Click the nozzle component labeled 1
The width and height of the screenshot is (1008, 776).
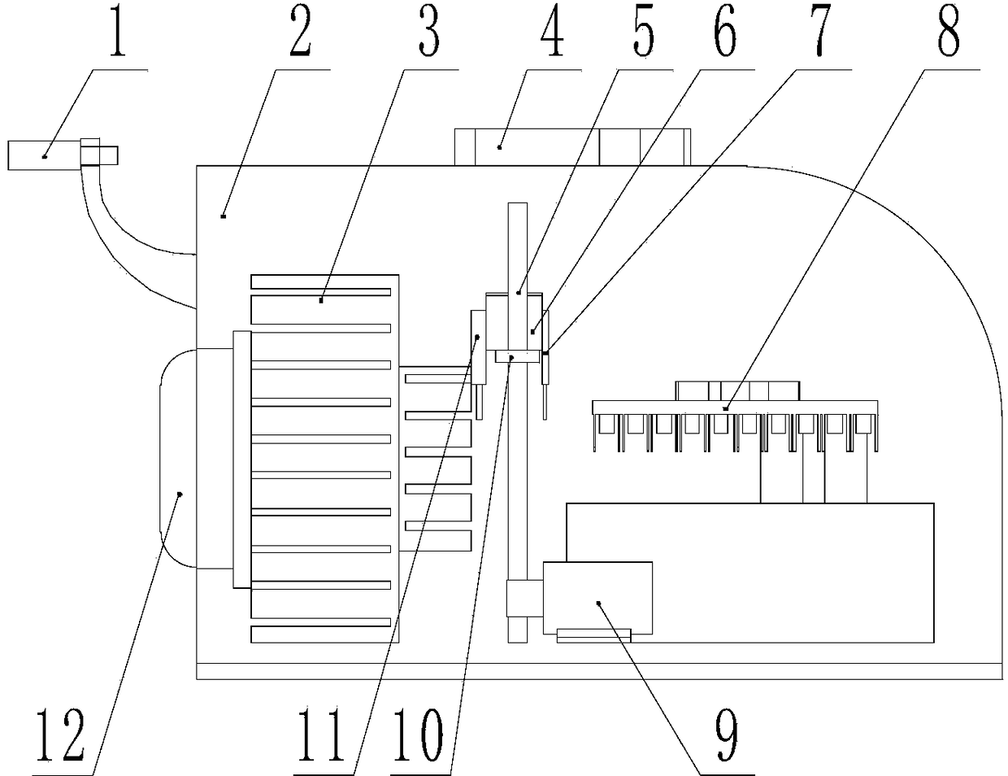point(45,155)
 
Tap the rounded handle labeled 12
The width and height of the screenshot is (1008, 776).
point(179,458)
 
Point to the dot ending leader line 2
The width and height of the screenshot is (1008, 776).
point(223,215)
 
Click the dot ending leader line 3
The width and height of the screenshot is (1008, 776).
point(322,300)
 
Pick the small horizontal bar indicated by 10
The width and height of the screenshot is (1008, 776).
point(516,356)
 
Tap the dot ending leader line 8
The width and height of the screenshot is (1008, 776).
point(726,408)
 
